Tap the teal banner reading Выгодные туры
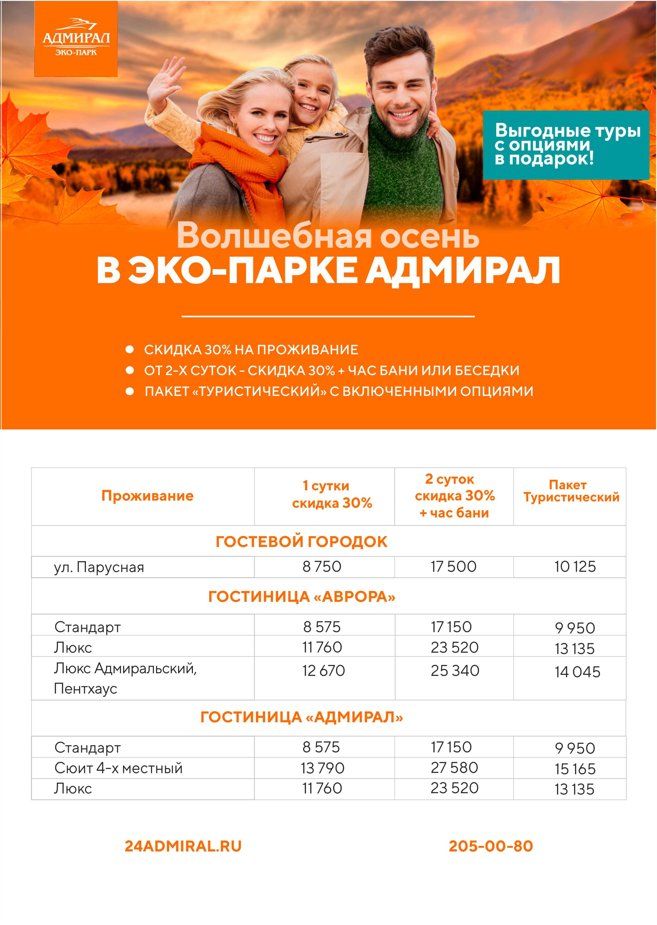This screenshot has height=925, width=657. [566, 144]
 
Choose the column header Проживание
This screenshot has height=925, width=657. [147, 496]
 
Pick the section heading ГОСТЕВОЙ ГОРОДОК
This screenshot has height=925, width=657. [301, 541]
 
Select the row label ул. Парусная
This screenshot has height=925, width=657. [99, 567]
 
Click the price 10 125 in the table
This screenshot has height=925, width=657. [575, 566]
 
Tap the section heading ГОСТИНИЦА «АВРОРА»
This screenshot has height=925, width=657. [301, 597]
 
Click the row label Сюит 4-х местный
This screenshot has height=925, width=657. [119, 768]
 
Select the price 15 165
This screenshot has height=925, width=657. [575, 769]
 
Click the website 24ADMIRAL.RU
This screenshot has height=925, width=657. [183, 846]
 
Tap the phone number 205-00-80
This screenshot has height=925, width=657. [491, 846]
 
